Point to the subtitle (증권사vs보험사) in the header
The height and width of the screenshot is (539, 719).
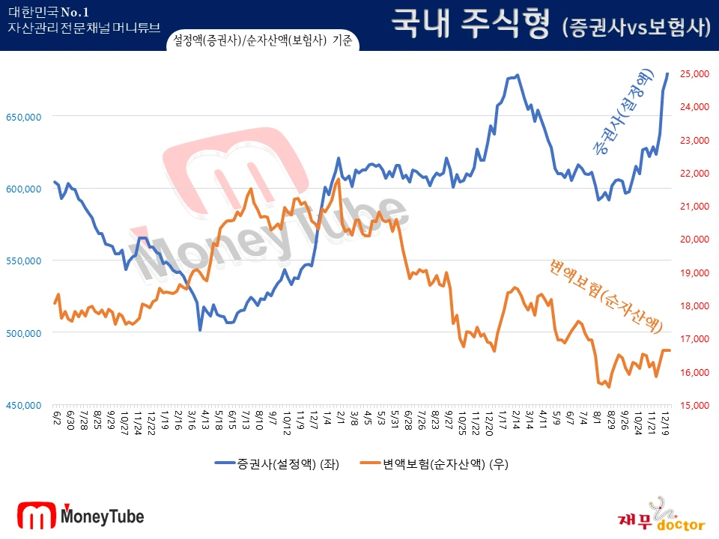click(635, 28)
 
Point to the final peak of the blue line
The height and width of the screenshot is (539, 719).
click(667, 73)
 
